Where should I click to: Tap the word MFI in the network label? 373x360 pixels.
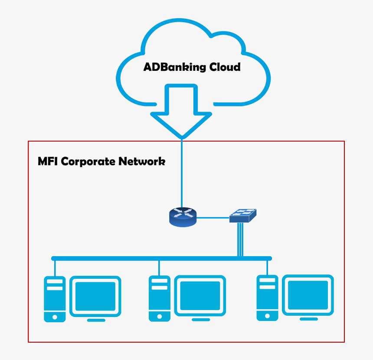pyautogui.click(x=48, y=162)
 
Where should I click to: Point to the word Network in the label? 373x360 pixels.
pyautogui.click(x=142, y=162)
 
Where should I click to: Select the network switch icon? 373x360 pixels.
pyautogui.click(x=242, y=215)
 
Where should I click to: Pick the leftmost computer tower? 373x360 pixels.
pyautogui.click(x=55, y=299)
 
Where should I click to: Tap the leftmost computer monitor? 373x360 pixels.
pyautogui.click(x=95, y=296)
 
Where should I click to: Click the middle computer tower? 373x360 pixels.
pyautogui.click(x=159, y=299)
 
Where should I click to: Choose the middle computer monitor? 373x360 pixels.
pyautogui.click(x=200, y=296)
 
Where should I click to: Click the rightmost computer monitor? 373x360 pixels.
pyautogui.click(x=308, y=295)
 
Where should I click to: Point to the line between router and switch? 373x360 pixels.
pyautogui.click(x=213, y=217)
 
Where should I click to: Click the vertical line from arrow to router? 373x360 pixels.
pyautogui.click(x=182, y=174)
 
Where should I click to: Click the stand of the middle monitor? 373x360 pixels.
pyautogui.click(x=200, y=320)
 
